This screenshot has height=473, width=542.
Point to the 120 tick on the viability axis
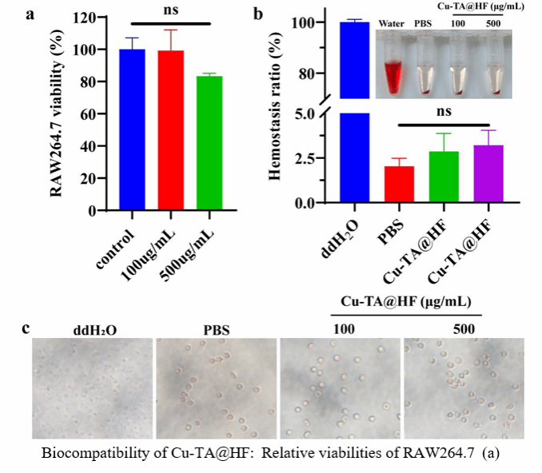[x=94, y=18]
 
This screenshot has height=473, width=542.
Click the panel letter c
[x=26, y=328]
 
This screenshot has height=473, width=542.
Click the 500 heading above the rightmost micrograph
[x=462, y=328]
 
